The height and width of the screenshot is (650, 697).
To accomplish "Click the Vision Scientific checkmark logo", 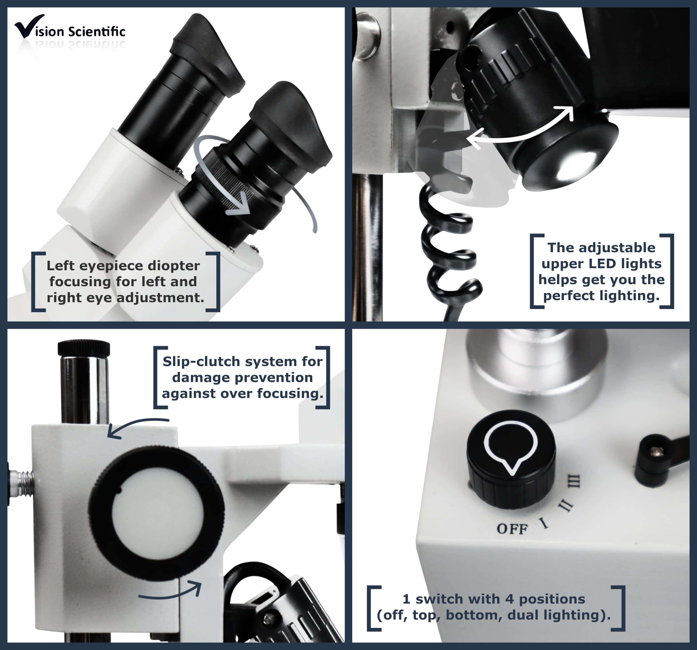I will click(29, 26).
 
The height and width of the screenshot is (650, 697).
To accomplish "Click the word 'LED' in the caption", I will click(602, 263).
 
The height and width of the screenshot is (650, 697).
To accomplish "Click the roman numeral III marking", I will click(574, 481).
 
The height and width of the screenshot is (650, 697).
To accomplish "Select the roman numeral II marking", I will click(565, 506).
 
